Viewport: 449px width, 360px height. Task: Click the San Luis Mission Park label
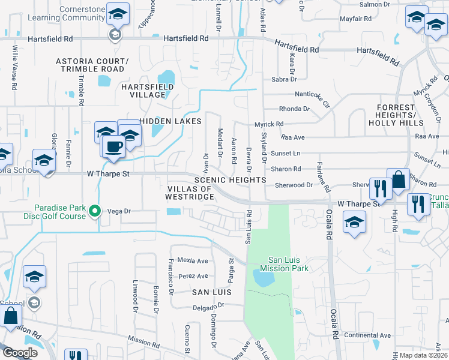click(288, 264)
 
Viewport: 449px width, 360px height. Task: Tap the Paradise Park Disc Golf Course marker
click(94, 211)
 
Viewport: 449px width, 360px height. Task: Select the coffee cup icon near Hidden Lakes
click(113, 146)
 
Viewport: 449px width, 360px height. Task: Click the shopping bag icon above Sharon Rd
click(398, 179)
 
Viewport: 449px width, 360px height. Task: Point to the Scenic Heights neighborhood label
click(230, 180)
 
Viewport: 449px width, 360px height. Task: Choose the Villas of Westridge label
click(189, 193)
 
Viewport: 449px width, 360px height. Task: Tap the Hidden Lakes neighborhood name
click(170, 121)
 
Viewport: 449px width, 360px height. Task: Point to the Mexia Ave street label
click(192, 261)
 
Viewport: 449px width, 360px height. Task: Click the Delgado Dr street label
click(208, 306)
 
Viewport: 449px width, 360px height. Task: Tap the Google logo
click(20, 353)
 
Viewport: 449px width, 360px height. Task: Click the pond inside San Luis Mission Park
click(264, 278)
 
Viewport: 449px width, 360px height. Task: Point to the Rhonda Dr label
click(294, 109)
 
